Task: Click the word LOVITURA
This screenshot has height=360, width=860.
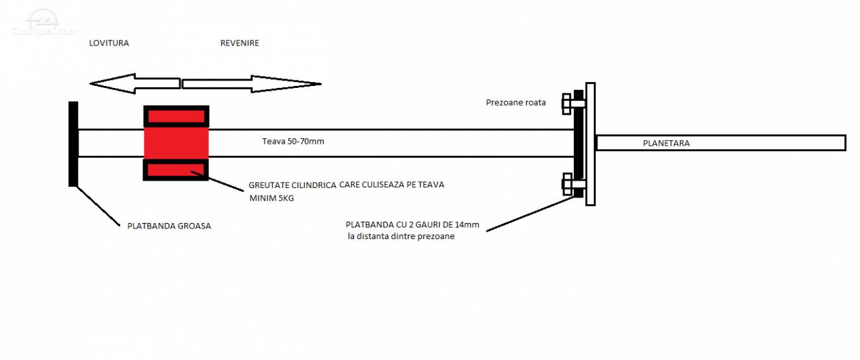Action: (109, 43)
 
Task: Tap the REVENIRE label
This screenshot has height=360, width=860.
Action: (240, 43)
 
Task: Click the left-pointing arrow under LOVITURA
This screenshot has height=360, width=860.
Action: (135, 83)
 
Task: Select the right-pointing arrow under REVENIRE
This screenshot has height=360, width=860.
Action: (251, 84)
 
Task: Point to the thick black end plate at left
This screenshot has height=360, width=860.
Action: (73, 144)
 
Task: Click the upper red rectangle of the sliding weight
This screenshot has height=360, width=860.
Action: (176, 116)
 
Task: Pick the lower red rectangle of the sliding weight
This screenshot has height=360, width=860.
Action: (176, 170)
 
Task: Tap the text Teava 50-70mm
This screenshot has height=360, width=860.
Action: (293, 141)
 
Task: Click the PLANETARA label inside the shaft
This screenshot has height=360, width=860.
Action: (666, 143)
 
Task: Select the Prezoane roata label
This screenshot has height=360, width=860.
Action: (515, 103)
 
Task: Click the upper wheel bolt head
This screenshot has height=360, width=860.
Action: (566, 103)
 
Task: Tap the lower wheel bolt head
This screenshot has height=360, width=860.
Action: (567, 184)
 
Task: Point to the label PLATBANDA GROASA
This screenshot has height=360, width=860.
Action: (169, 226)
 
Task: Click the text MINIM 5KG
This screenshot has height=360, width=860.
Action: (271, 198)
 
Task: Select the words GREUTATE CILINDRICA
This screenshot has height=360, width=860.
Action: (292, 185)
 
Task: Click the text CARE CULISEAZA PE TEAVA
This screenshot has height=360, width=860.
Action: (392, 185)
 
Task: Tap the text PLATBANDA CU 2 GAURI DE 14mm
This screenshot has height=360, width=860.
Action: (413, 224)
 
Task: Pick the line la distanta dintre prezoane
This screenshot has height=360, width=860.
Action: (401, 236)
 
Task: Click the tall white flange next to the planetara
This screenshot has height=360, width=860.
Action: (591, 144)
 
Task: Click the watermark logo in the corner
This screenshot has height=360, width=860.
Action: (43, 22)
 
